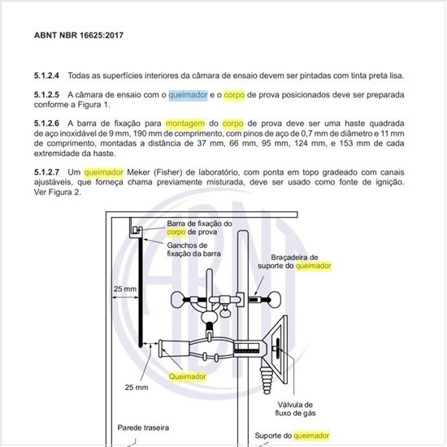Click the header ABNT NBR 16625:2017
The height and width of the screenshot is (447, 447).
point(79,35)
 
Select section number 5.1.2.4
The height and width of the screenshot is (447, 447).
point(46,76)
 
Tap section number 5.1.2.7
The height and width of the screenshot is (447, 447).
point(46,172)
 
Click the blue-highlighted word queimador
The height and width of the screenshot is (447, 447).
point(188,95)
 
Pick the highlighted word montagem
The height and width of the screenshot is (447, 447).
point(185,124)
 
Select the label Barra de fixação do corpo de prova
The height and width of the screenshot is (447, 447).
point(200,228)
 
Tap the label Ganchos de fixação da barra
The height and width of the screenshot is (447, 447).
point(194,250)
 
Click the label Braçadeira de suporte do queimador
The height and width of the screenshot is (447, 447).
point(294,262)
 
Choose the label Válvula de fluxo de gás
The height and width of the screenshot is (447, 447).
point(295,409)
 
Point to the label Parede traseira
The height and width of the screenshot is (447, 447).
point(143,427)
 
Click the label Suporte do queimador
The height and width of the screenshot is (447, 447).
point(292,436)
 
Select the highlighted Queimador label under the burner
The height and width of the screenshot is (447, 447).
point(187,376)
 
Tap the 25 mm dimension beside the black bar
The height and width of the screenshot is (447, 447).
point(125,289)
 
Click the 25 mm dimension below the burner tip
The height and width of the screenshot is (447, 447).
point(137,387)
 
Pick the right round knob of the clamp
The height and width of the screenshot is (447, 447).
point(275,300)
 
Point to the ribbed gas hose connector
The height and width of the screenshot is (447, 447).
point(267,380)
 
